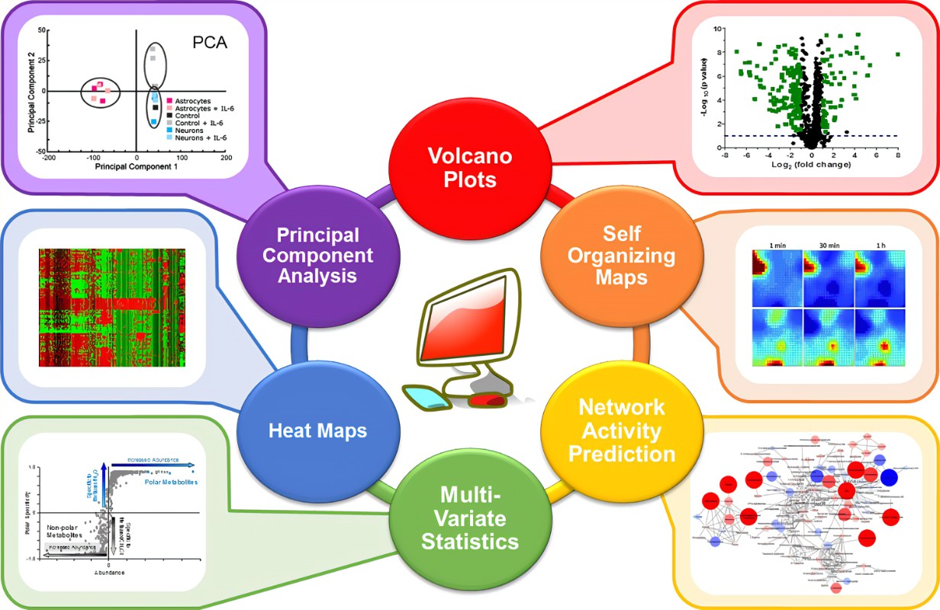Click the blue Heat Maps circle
pos(317,430)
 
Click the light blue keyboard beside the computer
pos(426,396)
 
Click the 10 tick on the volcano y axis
pos(716,28)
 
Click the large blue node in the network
pos(888,478)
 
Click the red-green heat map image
pos(112,306)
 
